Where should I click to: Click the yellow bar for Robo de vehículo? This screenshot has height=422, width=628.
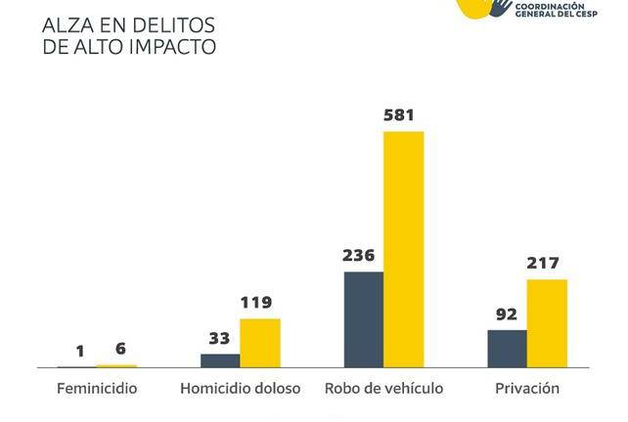(x=403, y=249)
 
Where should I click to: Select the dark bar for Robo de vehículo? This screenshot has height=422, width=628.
(x=363, y=319)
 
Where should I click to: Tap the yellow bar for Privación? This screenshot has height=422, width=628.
(x=547, y=323)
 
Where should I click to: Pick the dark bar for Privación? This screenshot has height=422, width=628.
(x=507, y=349)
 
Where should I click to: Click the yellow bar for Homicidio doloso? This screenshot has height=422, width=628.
(x=259, y=343)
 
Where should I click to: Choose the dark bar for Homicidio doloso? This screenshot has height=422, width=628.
(x=220, y=360)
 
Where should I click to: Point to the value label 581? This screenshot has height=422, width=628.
(x=398, y=115)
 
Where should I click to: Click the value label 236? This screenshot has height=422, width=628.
(x=359, y=256)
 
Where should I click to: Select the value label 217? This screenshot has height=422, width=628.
(x=543, y=263)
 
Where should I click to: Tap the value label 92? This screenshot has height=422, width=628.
(x=507, y=315)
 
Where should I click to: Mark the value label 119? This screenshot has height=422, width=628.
(x=256, y=303)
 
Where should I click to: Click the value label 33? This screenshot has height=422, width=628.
(x=219, y=339)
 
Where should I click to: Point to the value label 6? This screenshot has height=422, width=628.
(x=120, y=350)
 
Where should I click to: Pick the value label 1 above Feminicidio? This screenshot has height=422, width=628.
(x=80, y=352)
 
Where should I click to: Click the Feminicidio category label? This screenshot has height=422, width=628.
(x=97, y=389)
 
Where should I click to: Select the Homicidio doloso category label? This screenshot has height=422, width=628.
(x=240, y=389)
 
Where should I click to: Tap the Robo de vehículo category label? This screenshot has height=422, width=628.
(x=383, y=389)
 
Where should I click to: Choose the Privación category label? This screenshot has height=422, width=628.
(x=527, y=389)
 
